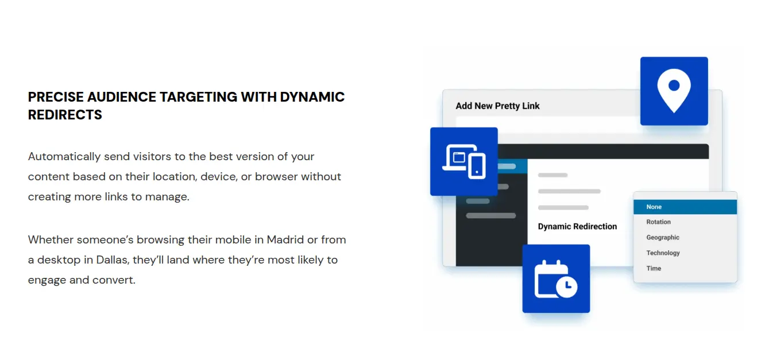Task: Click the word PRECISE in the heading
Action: [x=56, y=97]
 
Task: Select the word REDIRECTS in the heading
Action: [x=65, y=115]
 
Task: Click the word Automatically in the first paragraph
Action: [x=64, y=156]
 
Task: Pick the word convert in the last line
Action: [x=114, y=280]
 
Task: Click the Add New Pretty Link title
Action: [x=497, y=106]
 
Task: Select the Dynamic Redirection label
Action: [x=578, y=226]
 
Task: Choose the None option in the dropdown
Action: [x=654, y=207]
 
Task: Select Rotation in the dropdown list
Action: [x=658, y=222]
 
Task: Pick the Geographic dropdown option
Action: [x=663, y=237]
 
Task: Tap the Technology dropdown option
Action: [x=663, y=253]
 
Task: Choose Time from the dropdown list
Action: [x=654, y=269]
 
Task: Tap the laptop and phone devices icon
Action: [x=464, y=161]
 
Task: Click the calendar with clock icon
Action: [x=555, y=279]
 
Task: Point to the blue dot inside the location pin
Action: [x=674, y=85]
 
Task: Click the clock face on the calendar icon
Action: [x=567, y=287]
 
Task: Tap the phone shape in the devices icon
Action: [x=477, y=167]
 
